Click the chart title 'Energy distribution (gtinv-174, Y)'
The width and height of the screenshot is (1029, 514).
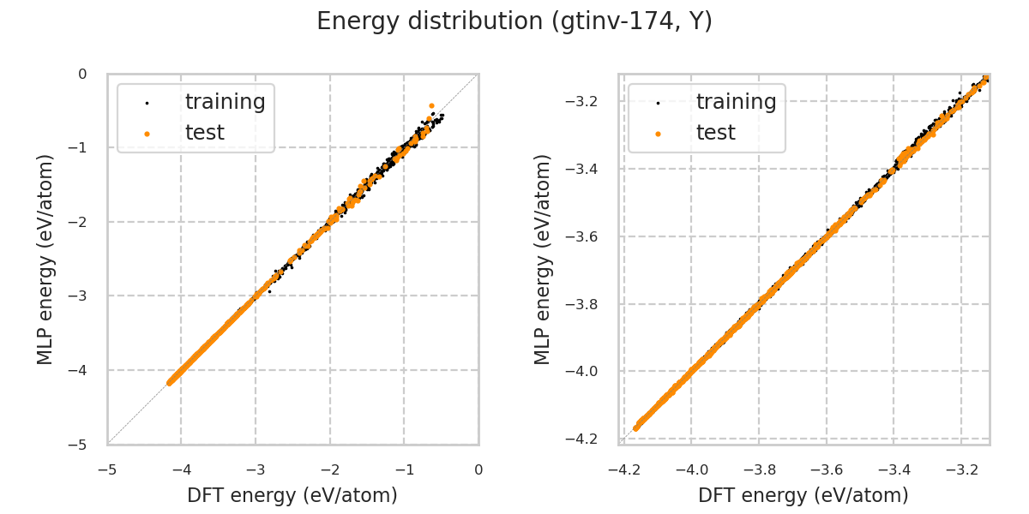point(514,21)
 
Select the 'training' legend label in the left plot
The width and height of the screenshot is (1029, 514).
point(225,102)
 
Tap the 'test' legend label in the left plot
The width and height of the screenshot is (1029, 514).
point(204,133)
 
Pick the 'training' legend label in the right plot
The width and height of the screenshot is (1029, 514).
point(736,102)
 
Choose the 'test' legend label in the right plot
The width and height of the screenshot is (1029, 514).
point(715,133)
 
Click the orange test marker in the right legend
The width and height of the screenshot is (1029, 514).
point(658,134)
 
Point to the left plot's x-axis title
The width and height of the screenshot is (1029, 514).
point(292,495)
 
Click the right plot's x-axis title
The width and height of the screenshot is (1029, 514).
point(803,495)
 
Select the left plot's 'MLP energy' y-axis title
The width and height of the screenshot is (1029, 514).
point(45,259)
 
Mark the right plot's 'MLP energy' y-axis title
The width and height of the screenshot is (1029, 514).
point(543,259)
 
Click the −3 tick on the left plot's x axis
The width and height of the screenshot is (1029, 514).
point(256,469)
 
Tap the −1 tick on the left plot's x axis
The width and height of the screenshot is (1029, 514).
point(404,469)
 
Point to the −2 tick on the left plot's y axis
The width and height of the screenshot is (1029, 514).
point(82,222)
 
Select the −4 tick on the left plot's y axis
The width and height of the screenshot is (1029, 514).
point(82,370)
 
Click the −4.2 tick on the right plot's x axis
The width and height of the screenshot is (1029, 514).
point(624,469)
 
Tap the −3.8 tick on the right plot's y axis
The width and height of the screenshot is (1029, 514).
point(586,304)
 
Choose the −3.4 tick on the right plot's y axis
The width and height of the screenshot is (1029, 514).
point(586,169)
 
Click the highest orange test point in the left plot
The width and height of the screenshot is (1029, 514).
point(431,105)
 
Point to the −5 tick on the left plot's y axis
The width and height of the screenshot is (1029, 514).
point(82,444)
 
